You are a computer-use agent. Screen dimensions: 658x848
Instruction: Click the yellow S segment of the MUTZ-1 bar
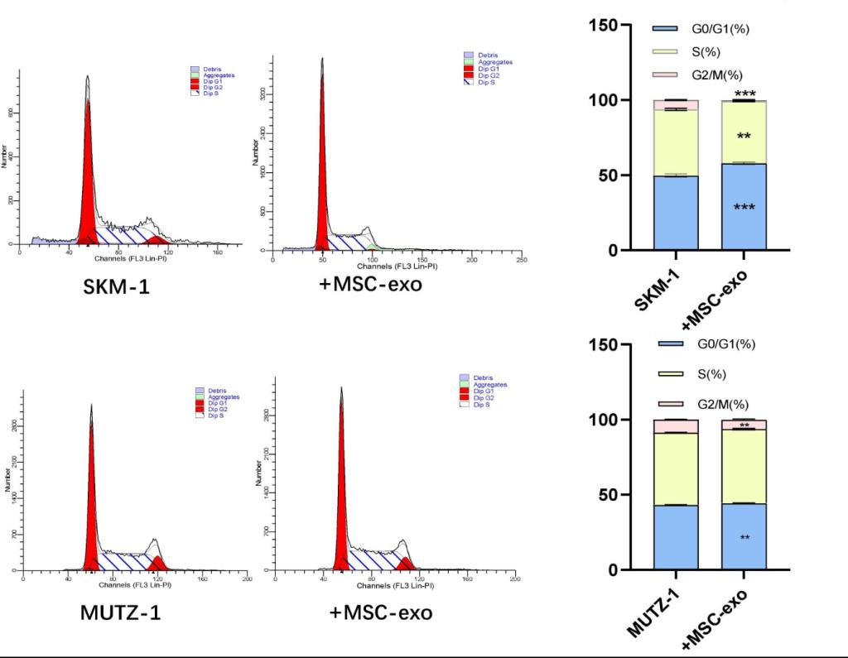point(676,468)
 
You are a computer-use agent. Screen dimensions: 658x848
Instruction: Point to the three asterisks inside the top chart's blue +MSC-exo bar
point(744,207)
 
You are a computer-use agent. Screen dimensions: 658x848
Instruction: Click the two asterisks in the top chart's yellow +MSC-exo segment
point(744,136)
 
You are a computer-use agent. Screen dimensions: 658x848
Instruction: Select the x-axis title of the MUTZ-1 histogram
point(135,585)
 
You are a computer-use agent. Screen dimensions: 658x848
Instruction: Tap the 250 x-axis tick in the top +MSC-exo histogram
point(521,260)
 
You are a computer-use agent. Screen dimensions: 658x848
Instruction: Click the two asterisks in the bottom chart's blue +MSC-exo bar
point(744,538)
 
